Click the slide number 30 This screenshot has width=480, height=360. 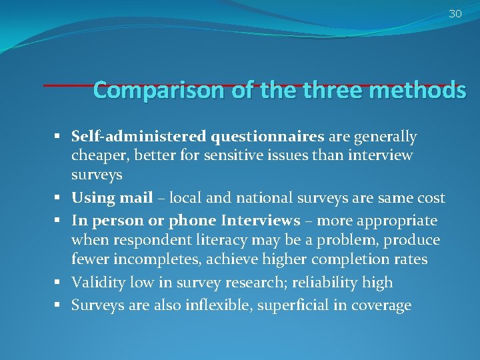tap(455, 13)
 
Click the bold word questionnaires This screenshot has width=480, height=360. tap(267, 137)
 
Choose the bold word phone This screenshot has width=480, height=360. tap(194, 221)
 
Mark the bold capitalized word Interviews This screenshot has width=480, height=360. tap(261, 221)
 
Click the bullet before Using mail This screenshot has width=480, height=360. tap(59, 199)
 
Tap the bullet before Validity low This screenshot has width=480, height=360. tap(59, 283)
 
